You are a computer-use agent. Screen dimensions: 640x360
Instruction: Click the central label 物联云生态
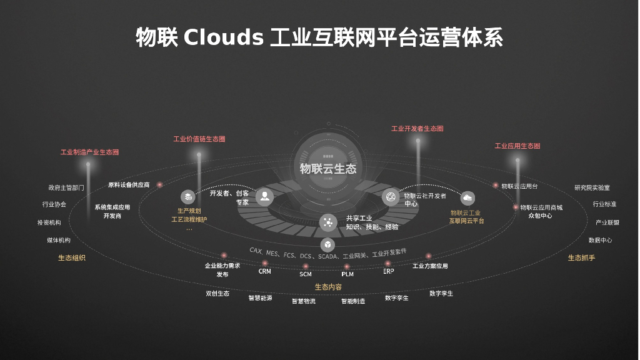tap(328, 168)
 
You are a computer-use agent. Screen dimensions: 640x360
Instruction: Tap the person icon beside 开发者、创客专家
tap(264, 197)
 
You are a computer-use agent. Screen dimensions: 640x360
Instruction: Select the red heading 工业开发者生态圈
tap(417, 129)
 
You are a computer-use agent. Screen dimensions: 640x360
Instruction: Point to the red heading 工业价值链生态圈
tap(199, 139)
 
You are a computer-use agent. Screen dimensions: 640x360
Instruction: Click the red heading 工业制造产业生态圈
tap(89, 152)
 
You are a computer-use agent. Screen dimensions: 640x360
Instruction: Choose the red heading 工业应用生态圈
tap(517, 146)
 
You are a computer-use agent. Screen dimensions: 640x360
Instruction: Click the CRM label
tap(265, 271)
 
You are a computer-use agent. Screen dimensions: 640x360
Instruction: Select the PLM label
tap(347, 274)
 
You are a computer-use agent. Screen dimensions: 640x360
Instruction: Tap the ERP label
tap(388, 271)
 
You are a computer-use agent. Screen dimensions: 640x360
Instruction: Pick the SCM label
tap(306, 274)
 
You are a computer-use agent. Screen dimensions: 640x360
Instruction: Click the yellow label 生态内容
tap(328, 287)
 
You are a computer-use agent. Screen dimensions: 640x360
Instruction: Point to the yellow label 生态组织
tap(72, 257)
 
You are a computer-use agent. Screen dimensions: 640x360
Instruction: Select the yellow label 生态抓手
tap(581, 257)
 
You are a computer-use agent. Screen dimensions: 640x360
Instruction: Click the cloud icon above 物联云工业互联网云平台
tap(467, 198)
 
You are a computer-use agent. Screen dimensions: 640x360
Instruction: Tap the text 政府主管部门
tap(66, 187)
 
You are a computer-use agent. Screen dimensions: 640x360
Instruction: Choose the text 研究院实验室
tap(592, 187)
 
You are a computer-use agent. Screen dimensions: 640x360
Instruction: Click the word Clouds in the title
tap(224, 37)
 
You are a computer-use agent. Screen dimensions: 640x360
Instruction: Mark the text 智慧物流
tap(304, 301)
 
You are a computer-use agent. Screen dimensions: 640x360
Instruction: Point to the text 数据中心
tap(600, 240)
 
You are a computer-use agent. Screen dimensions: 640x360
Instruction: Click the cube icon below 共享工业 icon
tap(327, 244)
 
